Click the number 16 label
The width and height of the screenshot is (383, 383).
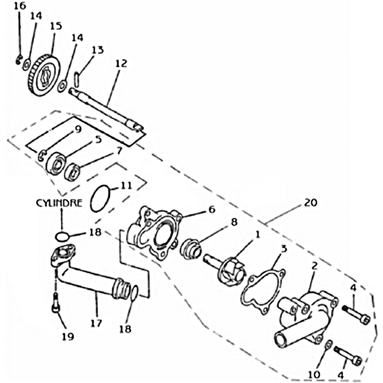coord(19,6)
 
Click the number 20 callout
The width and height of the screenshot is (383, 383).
coord(310,203)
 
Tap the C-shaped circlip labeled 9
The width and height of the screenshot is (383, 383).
coord(41,154)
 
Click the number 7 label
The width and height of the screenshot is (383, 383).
coord(119,151)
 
